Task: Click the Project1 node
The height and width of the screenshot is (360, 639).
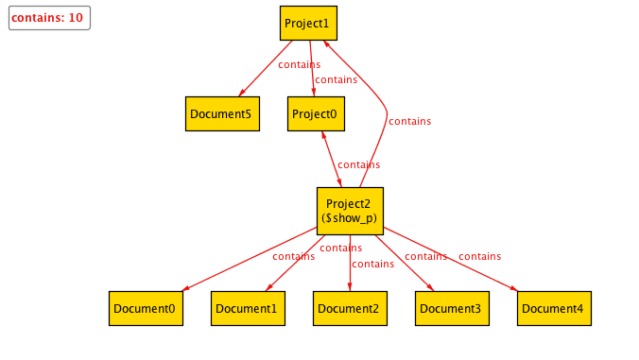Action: (x=309, y=23)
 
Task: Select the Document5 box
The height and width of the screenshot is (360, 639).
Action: (x=222, y=113)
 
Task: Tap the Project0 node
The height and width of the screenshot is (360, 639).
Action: (x=316, y=113)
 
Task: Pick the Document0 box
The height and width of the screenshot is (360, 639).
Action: (x=146, y=308)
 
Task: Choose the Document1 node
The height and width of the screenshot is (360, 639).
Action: (x=248, y=308)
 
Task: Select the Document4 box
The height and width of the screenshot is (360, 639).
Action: (x=554, y=308)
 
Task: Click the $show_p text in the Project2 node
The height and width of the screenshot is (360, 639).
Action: (x=349, y=218)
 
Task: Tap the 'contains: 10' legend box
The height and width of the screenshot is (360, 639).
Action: (x=49, y=18)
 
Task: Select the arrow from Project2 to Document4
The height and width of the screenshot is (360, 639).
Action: (x=452, y=259)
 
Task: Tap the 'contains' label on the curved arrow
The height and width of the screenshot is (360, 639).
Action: (x=409, y=121)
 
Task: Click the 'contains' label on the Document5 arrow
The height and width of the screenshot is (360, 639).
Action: (x=299, y=65)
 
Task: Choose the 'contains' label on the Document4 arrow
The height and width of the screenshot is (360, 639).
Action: (x=479, y=256)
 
